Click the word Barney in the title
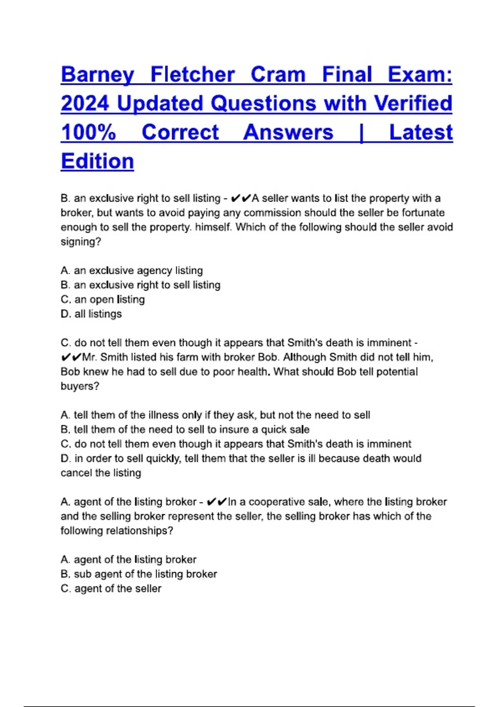98,75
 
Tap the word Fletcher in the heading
193,75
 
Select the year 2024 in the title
85,104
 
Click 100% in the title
88,133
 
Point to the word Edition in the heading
97,161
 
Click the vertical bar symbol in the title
361,133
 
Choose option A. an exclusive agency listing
132,271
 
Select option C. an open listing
103,299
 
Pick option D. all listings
91,314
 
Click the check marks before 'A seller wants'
241,198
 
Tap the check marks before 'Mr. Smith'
71,357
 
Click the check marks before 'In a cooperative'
217,502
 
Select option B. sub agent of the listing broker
139,574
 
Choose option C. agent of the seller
111,589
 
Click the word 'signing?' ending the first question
81,242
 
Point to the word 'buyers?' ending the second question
80,386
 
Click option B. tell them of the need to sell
185,430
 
